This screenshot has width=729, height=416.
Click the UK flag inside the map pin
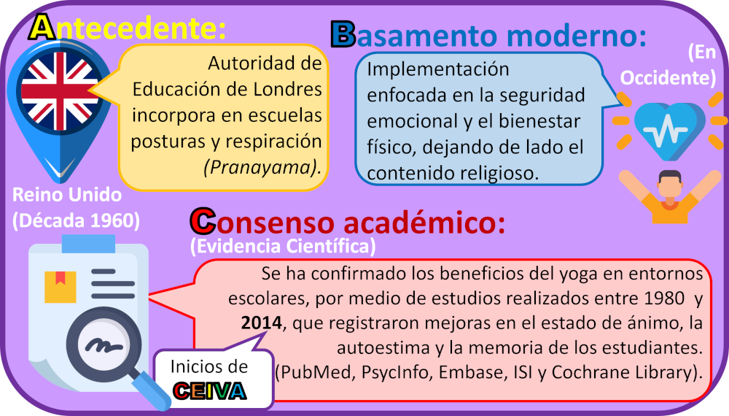(60, 91)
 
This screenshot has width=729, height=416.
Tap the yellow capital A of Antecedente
(42, 27)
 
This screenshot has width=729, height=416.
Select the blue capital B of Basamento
(343, 34)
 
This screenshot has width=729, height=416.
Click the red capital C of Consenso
(203, 221)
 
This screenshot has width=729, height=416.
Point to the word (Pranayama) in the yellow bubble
(262, 167)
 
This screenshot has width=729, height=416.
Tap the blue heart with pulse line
(669, 131)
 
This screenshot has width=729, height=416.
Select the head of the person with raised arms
(670, 185)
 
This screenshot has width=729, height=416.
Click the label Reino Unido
(67, 195)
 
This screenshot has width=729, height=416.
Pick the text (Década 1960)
(76, 220)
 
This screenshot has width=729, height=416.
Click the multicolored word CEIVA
(209, 391)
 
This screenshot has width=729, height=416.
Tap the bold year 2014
(261, 323)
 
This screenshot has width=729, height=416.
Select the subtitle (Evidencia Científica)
(283, 246)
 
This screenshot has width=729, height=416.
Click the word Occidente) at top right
(668, 77)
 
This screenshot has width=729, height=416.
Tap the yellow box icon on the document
(60, 287)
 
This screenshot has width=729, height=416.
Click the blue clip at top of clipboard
(88, 244)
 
